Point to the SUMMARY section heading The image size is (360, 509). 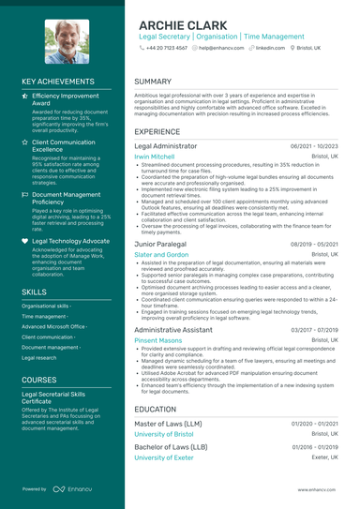coord(153,82)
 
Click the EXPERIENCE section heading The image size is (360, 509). coord(157,132)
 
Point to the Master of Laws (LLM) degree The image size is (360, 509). coord(181,424)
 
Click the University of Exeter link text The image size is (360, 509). coord(165,457)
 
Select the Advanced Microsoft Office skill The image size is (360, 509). coord(55,326)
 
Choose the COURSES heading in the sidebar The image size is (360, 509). coord(39,380)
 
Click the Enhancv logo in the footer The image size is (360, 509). coord(71,489)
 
